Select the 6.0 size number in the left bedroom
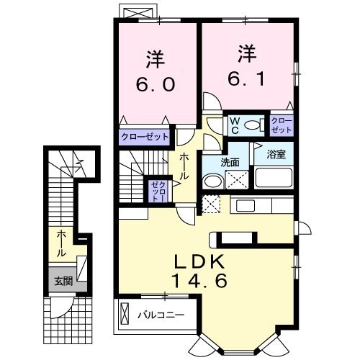coord(154,85)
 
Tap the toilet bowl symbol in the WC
coord(252,126)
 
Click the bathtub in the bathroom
coord(273,177)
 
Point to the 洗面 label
coord(230,162)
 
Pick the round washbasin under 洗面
coord(212,182)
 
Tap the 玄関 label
coord(62,282)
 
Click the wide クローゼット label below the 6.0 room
coord(145,135)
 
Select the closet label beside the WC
coord(281,125)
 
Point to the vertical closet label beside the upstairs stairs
coord(156,192)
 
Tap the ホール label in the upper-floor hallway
coord(184,166)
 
